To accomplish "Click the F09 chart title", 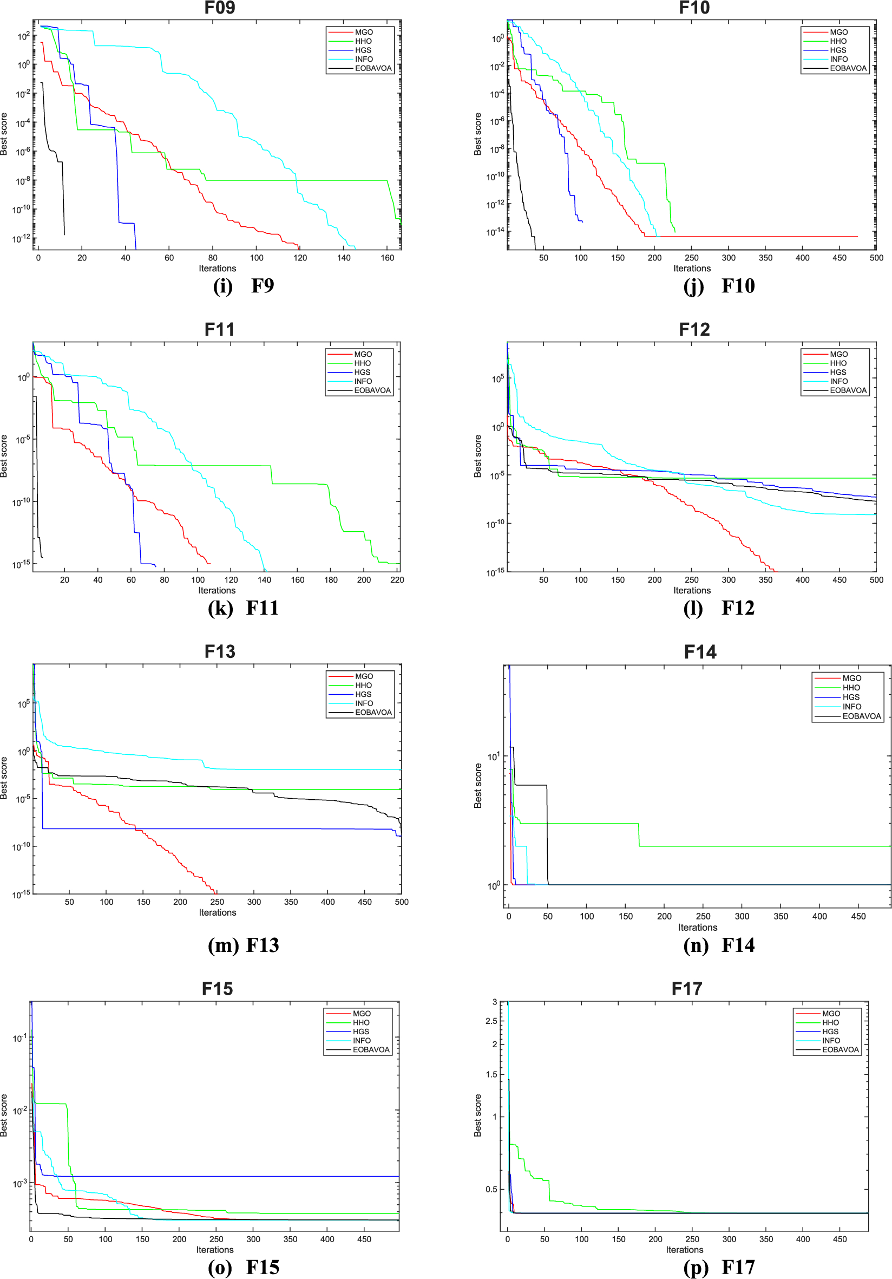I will pos(219,8).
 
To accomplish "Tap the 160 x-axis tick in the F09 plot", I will pos(388,258).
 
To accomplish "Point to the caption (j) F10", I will pos(719,286).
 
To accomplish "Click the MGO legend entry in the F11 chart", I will pos(363,354).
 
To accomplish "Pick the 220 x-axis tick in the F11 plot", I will pos(397,580).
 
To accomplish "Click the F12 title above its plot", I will pos(694,330).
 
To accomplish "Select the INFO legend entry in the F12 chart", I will pos(838,382).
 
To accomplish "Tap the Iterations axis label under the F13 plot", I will pos(217,912).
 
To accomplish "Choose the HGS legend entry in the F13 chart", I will pos(363,695).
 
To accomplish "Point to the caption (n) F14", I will pos(719,945).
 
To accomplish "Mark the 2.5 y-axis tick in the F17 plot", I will pos(491,1021).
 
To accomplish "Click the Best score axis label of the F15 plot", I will pos(4,1115).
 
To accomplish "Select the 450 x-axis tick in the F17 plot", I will pos(839,1239).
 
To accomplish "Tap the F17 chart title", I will pos(686,989).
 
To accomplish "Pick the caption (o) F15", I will pos(244,1267).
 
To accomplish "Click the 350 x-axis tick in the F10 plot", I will pos(765,258).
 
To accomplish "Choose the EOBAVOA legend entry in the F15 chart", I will pos(371,1050).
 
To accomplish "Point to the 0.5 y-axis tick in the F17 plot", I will pos(491,1189).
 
